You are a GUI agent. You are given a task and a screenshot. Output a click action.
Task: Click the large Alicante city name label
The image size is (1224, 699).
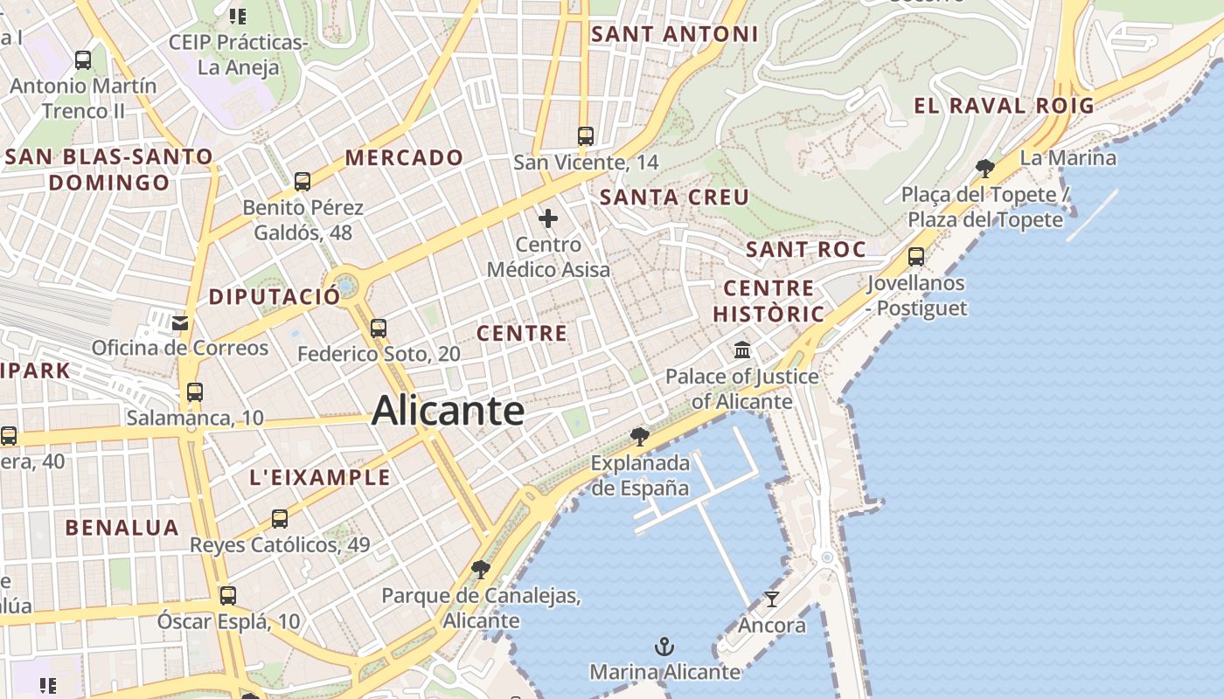coord(448,411)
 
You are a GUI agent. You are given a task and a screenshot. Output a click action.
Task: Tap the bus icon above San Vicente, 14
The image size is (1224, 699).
coord(586,136)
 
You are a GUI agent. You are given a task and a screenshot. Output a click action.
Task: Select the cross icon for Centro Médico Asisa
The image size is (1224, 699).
coord(548,218)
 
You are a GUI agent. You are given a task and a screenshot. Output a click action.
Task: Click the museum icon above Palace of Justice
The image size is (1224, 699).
coord(742,350)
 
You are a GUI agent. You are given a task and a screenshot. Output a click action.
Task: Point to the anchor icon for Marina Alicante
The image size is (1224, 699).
coord(664,647)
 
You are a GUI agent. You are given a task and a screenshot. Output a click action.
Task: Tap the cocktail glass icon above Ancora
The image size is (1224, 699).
coord(771,599)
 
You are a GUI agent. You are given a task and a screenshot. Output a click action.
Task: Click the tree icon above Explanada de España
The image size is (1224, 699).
coord(640,436)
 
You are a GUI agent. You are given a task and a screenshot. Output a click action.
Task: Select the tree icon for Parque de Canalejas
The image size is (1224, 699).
coord(480,570)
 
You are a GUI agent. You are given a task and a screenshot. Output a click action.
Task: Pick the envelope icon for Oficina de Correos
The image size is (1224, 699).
coord(180,323)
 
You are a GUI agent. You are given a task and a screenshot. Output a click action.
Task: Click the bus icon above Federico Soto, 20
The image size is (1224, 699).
coord(379,329)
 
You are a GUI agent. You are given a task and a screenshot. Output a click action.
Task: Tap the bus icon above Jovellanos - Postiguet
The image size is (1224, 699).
coord(916,257)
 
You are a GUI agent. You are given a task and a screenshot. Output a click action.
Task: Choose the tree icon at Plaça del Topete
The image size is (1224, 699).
coord(985,168)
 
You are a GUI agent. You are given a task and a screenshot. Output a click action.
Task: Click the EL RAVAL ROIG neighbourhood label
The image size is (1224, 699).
coord(1004,106)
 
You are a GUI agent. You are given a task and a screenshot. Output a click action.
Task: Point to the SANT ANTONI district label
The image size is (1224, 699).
coord(674,34)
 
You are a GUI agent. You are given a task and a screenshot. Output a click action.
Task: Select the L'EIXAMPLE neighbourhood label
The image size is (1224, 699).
coord(320,477)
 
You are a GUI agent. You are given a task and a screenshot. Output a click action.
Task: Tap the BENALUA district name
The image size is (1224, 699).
coord(122,528)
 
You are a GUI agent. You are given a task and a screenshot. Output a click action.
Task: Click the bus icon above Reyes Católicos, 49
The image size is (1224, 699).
coord(280,519)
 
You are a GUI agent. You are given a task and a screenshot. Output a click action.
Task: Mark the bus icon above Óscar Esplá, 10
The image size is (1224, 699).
coord(228,596)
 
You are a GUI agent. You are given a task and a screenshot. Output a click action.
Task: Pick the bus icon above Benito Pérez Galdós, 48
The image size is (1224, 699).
coord(303,182)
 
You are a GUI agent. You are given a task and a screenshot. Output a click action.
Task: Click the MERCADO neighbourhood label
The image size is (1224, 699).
coord(404,158)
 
